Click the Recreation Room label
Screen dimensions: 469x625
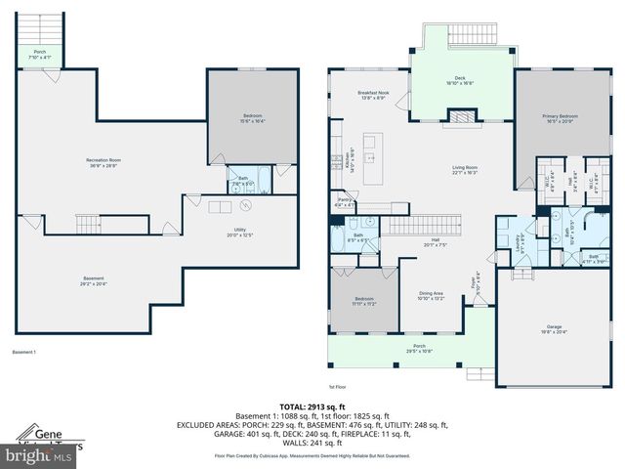click(103, 161)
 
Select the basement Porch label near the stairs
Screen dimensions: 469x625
click(40, 55)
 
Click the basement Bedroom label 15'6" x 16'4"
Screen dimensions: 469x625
click(252, 118)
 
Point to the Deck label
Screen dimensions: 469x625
click(460, 81)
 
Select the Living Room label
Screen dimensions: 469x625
click(464, 170)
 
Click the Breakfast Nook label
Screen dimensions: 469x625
click(373, 96)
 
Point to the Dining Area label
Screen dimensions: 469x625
click(431, 296)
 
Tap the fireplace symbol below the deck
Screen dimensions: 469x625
click(460, 118)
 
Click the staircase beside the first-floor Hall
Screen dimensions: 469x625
click(411, 228)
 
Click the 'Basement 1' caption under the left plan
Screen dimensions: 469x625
click(23, 352)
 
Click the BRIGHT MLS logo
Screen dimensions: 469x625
click(39, 455)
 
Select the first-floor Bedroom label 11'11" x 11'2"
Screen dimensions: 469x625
click(363, 301)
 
